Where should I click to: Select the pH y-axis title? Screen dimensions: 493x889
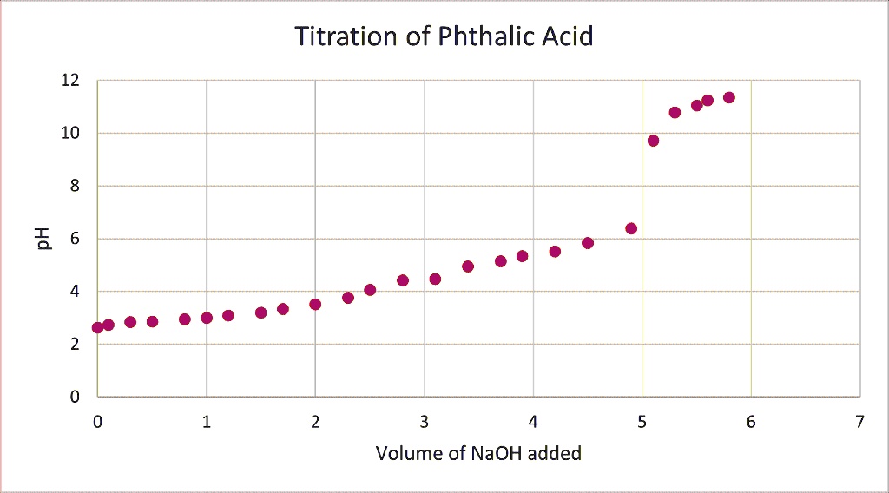click(44, 238)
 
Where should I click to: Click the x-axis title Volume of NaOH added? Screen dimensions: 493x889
click(478, 453)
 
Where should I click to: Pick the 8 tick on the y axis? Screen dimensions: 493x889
click(75, 186)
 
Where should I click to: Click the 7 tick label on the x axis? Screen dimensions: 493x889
click(859, 422)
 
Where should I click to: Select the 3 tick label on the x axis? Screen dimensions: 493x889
click(425, 422)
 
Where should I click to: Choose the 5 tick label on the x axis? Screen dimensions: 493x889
click(642, 422)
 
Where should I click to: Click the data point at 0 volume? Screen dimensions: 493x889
click(97, 327)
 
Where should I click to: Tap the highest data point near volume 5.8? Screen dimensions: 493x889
click(729, 97)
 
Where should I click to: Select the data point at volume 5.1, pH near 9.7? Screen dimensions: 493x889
click(653, 141)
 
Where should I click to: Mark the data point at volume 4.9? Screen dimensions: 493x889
click(631, 228)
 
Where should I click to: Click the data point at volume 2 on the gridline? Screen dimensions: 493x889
click(315, 304)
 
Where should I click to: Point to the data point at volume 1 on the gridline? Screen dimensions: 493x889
click(207, 318)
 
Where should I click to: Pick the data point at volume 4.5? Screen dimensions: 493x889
click(588, 243)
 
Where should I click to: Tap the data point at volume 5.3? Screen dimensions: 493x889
click(675, 112)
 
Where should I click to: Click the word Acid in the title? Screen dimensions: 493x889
click(566, 37)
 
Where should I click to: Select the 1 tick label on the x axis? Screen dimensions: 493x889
click(207, 422)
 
